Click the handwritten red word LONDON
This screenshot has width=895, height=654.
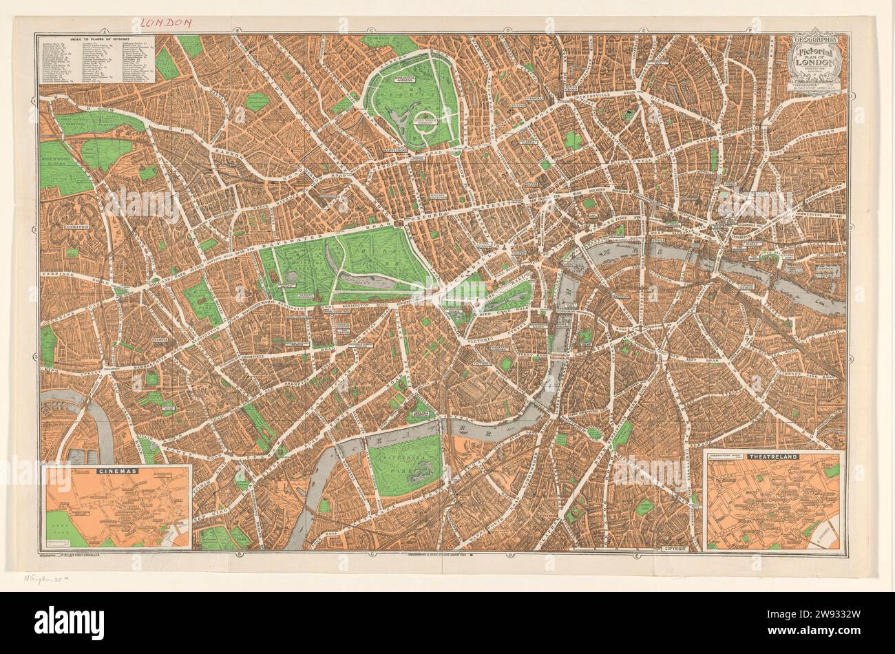click(x=165, y=23)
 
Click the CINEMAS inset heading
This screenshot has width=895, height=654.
click(x=118, y=471)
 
